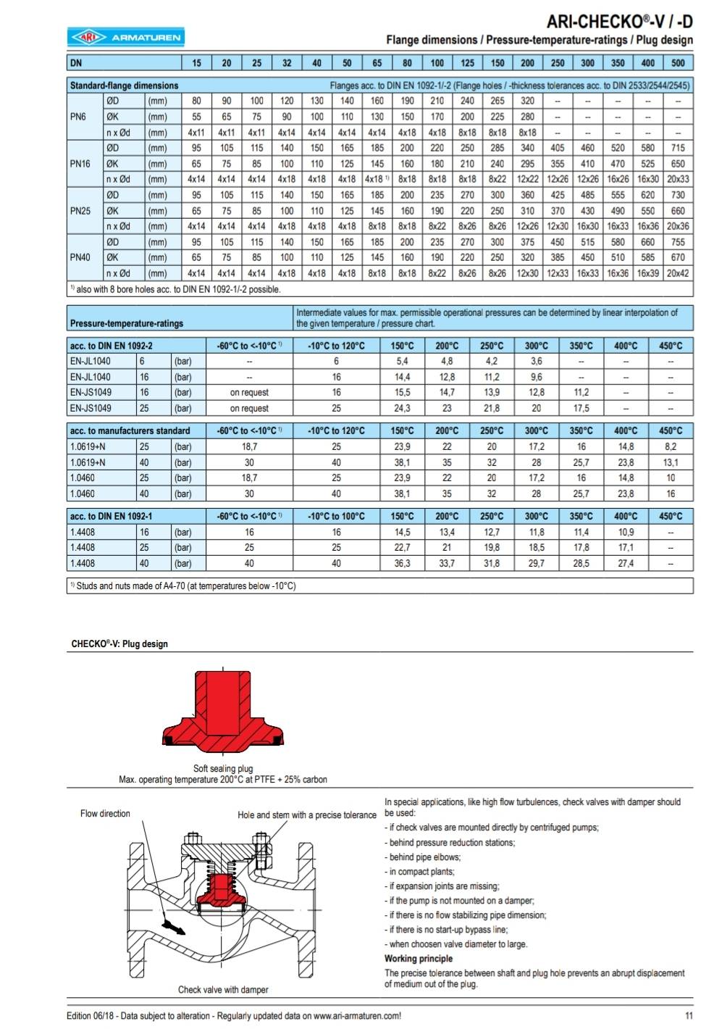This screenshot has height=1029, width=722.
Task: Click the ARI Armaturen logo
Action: [x=125, y=37]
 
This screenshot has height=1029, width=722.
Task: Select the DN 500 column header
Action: [x=678, y=63]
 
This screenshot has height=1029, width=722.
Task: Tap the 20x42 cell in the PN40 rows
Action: [x=678, y=273]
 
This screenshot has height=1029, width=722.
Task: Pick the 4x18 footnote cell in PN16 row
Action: [x=377, y=179]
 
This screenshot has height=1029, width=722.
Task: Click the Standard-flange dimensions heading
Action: [x=124, y=86]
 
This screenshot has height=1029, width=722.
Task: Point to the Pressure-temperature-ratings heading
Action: [x=126, y=323]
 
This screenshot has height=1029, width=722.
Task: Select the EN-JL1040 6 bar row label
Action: [x=91, y=361]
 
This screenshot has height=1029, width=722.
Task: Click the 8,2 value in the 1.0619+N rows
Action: [x=671, y=447]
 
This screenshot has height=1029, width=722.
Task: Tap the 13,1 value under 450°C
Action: [x=671, y=462]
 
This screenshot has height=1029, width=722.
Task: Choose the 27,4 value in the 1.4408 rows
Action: [x=626, y=563]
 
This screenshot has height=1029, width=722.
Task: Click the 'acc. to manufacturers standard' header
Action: [x=130, y=430]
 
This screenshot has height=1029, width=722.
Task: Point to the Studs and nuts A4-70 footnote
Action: [x=186, y=586]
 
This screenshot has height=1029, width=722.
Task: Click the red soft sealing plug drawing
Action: [x=223, y=714]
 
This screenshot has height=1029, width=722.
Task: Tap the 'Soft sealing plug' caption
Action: [x=223, y=768]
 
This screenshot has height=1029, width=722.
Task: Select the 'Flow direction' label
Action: [x=105, y=814]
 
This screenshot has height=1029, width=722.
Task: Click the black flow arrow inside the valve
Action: [x=174, y=927]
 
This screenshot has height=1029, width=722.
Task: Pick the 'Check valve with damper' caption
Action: [x=223, y=989]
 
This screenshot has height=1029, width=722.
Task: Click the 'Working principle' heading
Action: [x=419, y=958]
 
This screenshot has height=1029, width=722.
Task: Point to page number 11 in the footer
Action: [x=689, y=1015]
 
